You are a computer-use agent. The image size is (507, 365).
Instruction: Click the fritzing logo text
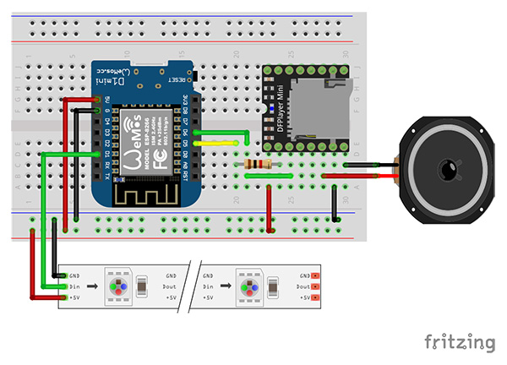tap(459, 342)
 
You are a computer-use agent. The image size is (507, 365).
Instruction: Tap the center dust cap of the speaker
tap(446, 172)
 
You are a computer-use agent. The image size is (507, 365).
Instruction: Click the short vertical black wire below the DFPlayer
tap(337, 203)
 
